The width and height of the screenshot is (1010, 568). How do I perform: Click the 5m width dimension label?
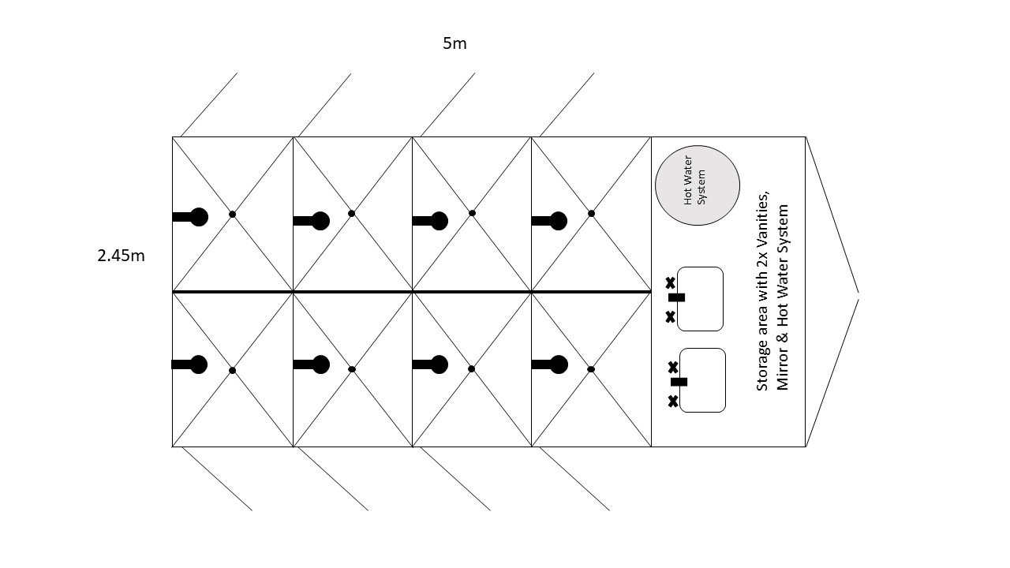point(454,43)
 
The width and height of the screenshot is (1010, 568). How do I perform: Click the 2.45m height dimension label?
point(122,256)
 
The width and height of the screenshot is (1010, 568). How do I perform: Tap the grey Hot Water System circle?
point(698,186)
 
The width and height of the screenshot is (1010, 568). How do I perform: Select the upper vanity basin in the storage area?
point(701,299)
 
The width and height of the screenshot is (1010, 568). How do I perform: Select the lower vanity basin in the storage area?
point(702,380)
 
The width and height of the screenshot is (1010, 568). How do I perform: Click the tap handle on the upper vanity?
point(676,297)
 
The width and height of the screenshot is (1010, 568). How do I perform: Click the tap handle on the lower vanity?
point(679,382)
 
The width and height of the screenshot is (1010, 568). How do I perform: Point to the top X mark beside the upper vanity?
point(670,282)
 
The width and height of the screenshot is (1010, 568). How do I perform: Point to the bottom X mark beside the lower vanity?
point(673,402)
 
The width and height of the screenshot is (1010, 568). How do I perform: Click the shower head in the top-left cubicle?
point(199,217)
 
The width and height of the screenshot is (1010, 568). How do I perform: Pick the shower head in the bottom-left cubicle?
point(199,364)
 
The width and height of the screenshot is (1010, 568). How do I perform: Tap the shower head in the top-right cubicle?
point(559,221)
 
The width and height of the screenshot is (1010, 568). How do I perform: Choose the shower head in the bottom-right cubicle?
point(559,364)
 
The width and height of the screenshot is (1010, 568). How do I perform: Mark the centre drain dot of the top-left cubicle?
point(232,215)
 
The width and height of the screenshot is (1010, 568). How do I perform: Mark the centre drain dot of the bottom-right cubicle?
point(591,369)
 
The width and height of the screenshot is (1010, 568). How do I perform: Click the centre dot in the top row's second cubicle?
point(352,214)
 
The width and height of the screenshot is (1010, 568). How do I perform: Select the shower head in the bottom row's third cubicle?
point(440,364)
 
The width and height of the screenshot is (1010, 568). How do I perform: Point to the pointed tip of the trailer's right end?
point(858,295)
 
